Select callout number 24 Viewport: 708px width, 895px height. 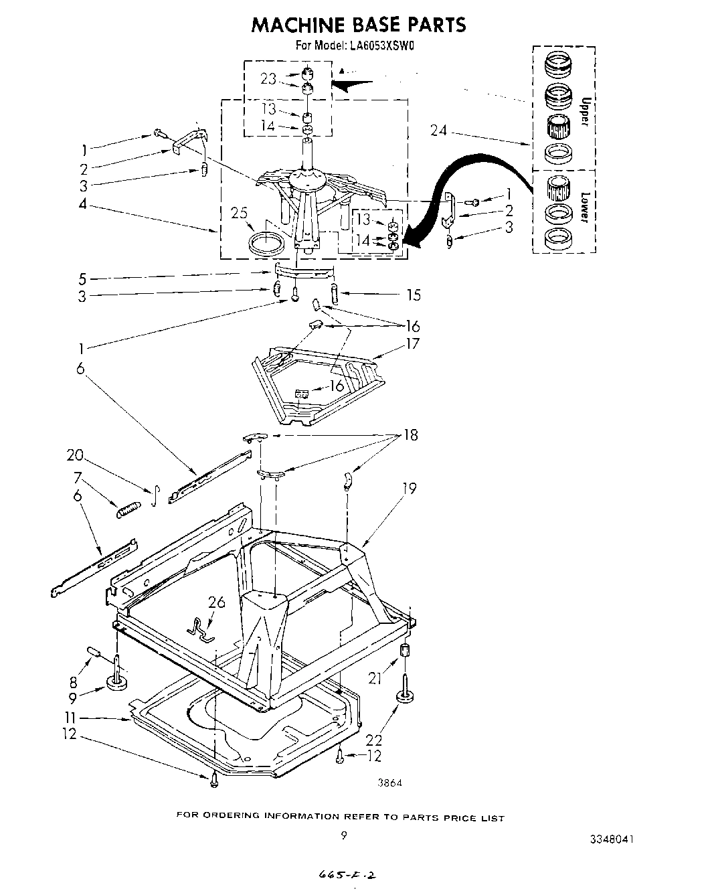point(439,131)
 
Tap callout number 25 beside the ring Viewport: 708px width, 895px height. point(240,214)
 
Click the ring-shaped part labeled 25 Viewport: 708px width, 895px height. point(264,242)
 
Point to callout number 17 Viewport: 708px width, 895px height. point(412,343)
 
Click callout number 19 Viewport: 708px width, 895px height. point(408,489)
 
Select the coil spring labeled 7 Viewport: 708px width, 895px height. point(128,510)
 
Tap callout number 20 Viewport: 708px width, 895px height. point(75,456)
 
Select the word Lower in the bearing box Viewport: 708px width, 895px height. point(584,208)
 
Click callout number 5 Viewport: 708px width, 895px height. point(82,278)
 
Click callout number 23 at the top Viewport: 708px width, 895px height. point(268,79)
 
